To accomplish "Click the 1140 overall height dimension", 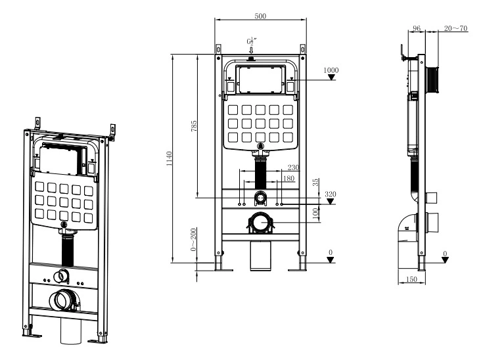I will (x=170, y=158).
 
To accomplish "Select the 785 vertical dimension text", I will (x=194, y=126).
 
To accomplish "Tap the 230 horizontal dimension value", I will (x=293, y=168).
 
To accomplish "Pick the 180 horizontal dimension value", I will (x=288, y=178).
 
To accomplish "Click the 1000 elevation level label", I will (x=331, y=70).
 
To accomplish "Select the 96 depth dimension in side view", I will (x=415, y=28).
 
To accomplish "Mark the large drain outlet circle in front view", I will (x=262, y=223).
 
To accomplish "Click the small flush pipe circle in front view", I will (x=262, y=197).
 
